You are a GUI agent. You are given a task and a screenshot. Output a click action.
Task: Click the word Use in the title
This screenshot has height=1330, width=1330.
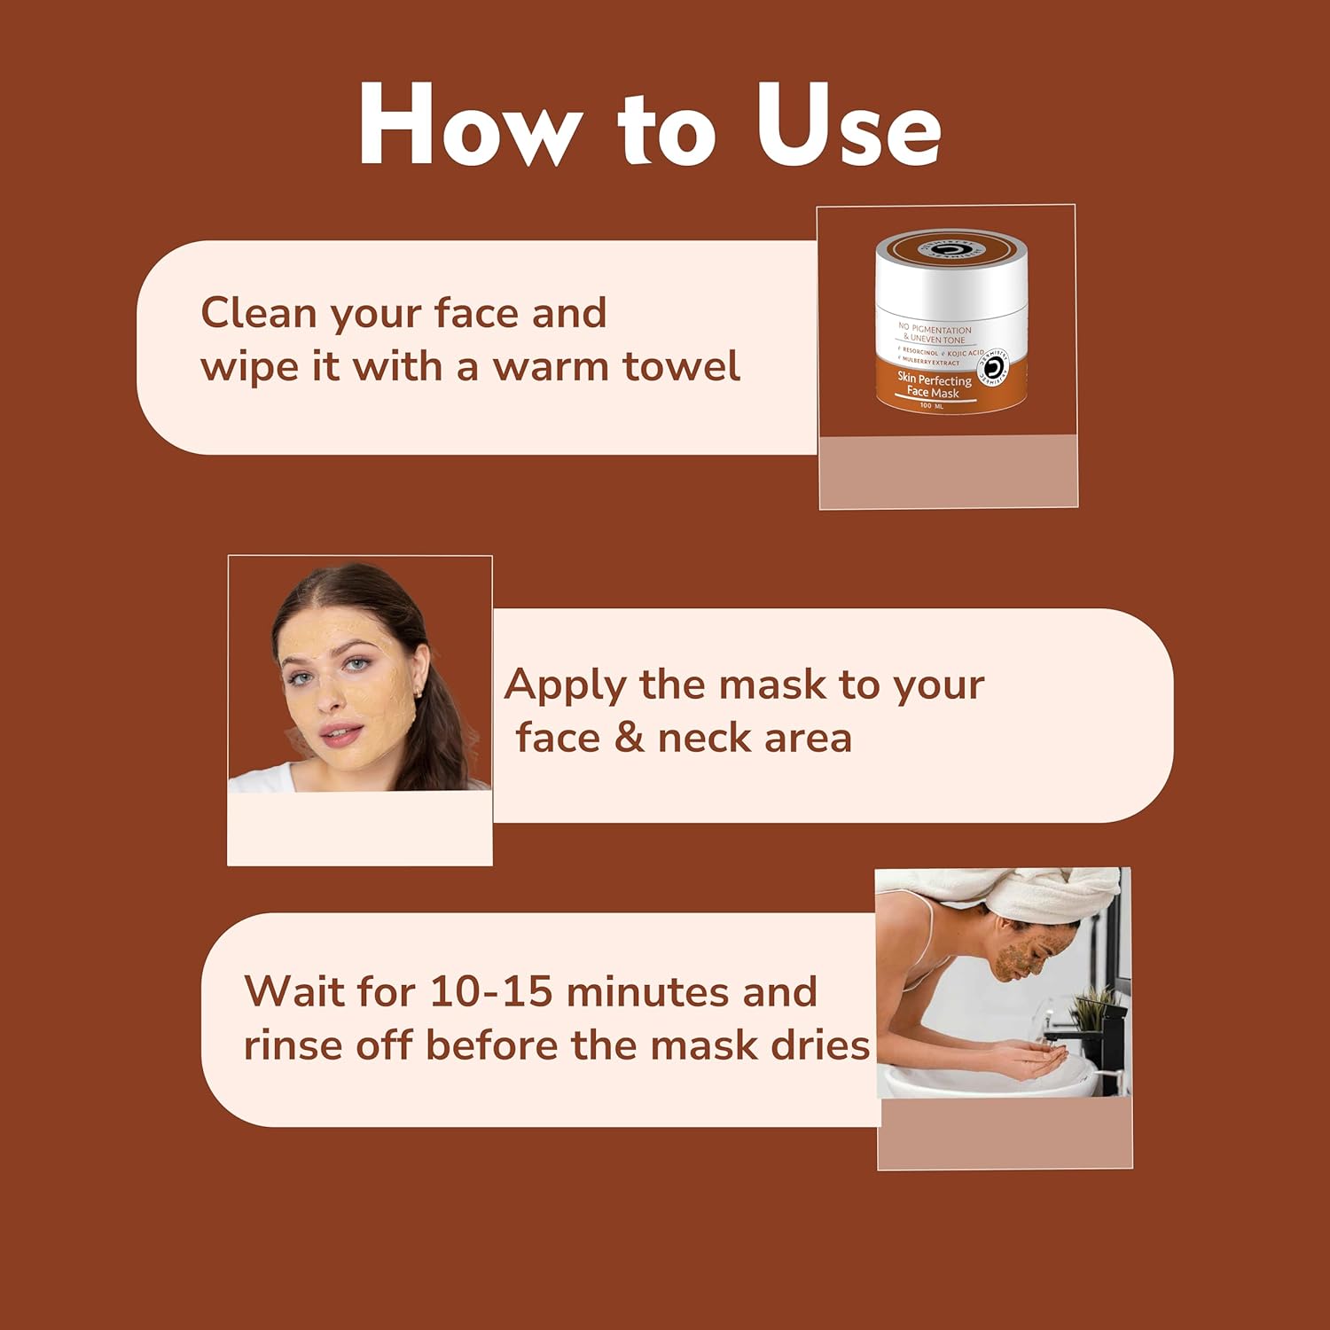coord(847,126)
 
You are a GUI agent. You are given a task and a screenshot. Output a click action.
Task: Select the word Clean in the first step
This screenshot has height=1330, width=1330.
coord(258,313)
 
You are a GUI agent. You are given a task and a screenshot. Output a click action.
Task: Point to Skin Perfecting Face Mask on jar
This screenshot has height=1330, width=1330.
coord(933,386)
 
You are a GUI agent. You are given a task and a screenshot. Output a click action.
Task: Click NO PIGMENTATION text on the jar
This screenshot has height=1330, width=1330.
coord(935,329)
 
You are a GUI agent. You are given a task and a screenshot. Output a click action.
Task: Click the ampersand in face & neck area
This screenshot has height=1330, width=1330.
coord(629,738)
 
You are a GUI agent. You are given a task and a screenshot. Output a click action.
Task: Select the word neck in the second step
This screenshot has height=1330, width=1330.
coord(704,738)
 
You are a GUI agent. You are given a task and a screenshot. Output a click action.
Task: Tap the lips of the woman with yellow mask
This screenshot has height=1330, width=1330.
coord(341,734)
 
